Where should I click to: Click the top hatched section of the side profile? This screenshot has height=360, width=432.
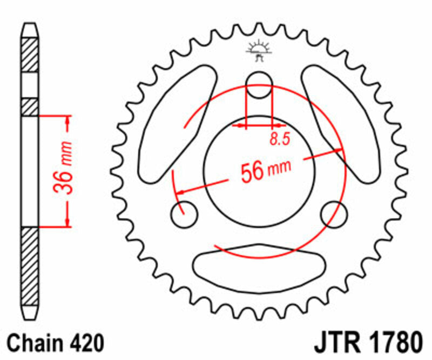coord(30,54)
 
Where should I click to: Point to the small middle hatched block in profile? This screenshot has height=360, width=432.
coord(30,106)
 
